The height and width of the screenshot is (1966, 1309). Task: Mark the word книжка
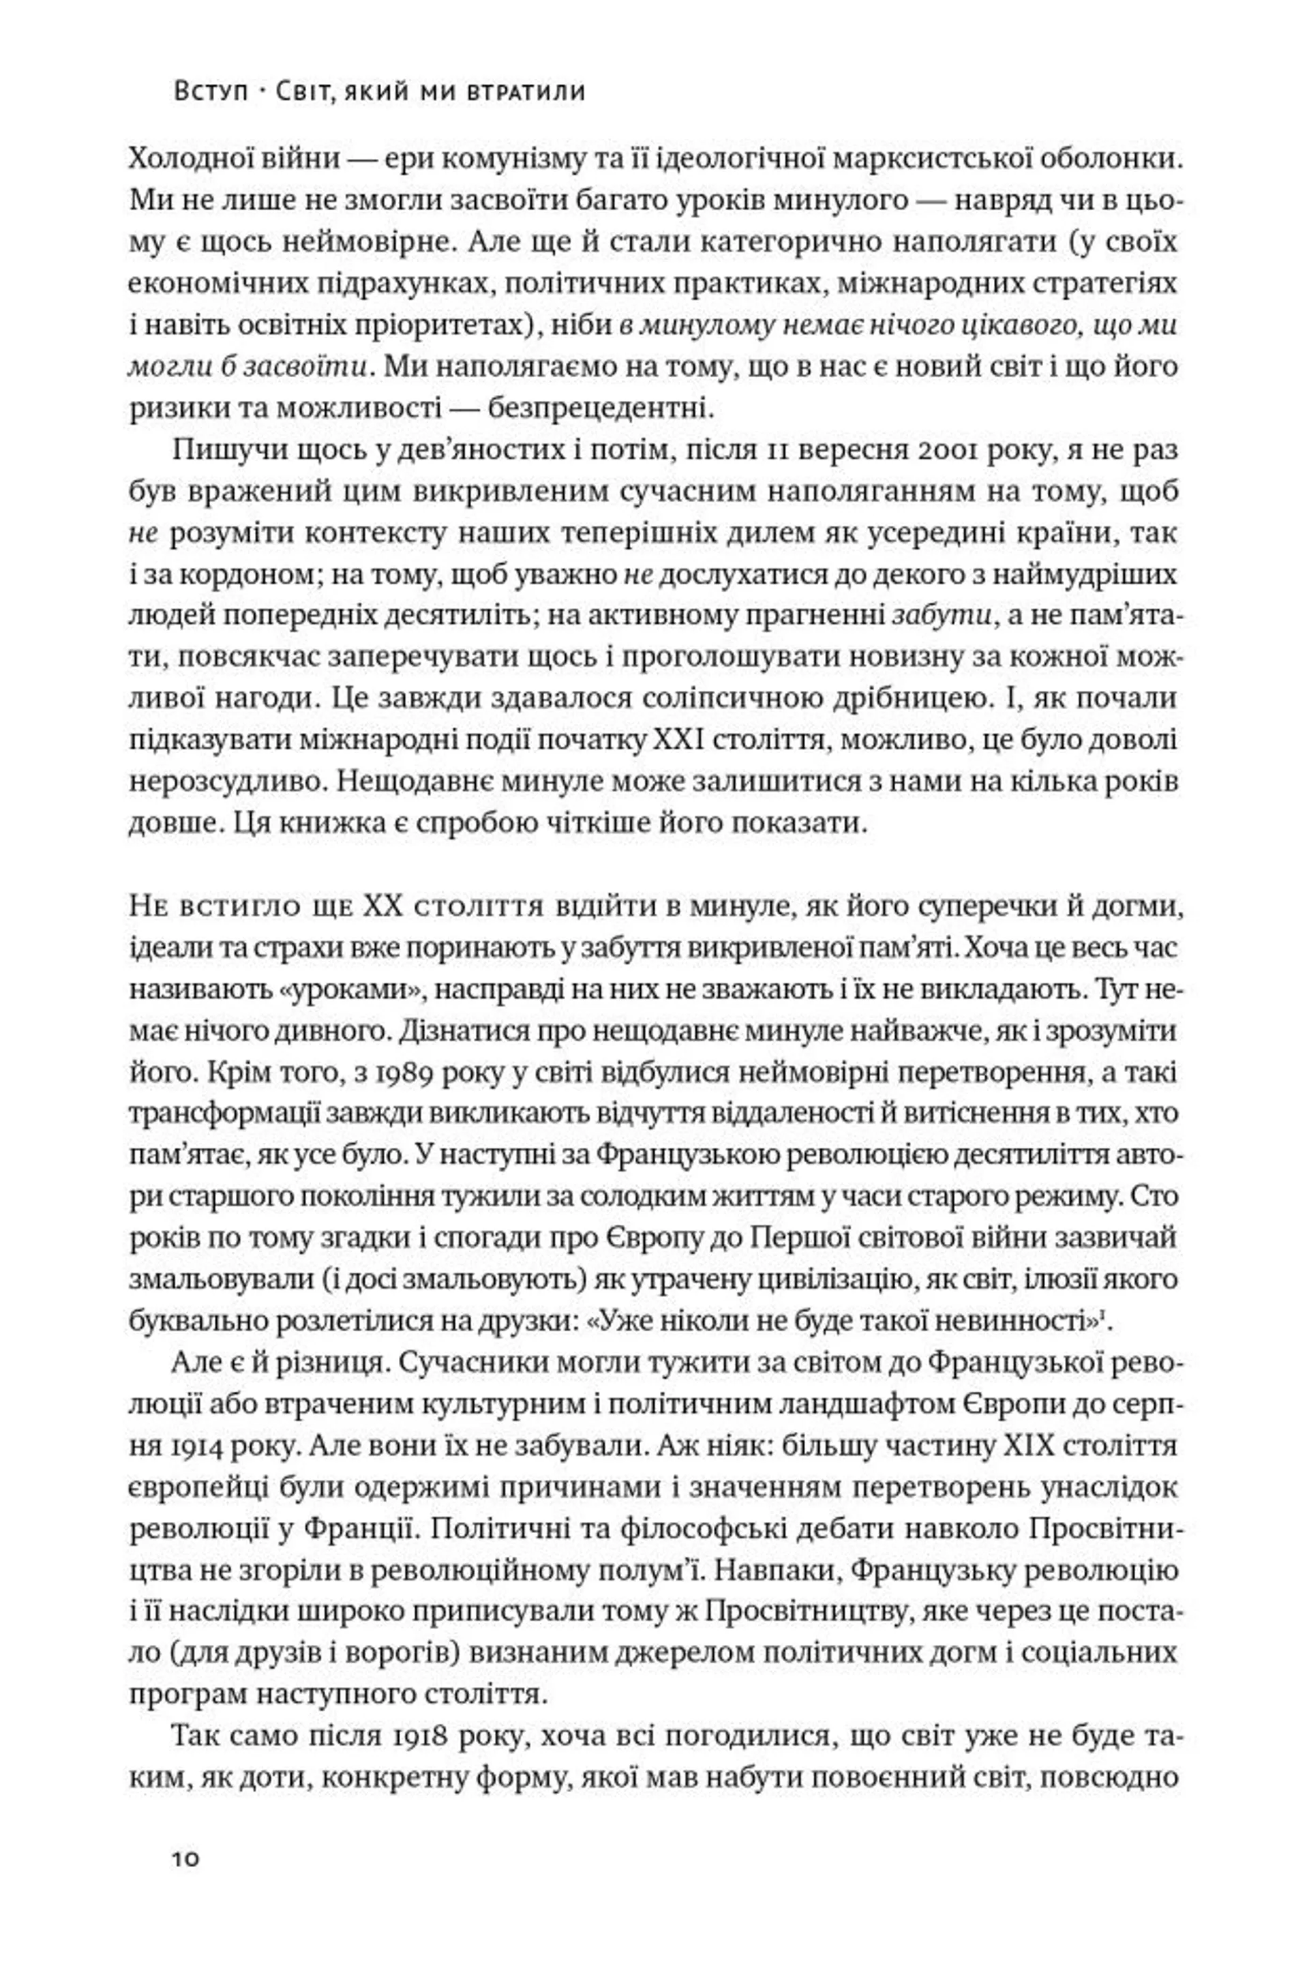[320, 824]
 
